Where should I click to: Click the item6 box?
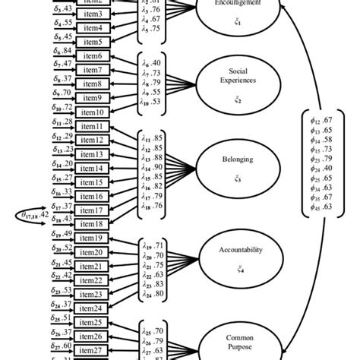pyautogui.click(x=92, y=56)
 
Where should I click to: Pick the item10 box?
pyautogui.click(x=92, y=112)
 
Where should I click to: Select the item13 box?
pyautogui.click(x=92, y=153)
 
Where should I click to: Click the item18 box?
pyautogui.click(x=92, y=223)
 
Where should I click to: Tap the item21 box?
pyautogui.click(x=92, y=265)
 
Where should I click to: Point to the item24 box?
pyautogui.click(x=92, y=308)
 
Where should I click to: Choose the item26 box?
pyautogui.click(x=92, y=336)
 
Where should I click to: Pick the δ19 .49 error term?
pyautogui.click(x=62, y=234)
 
